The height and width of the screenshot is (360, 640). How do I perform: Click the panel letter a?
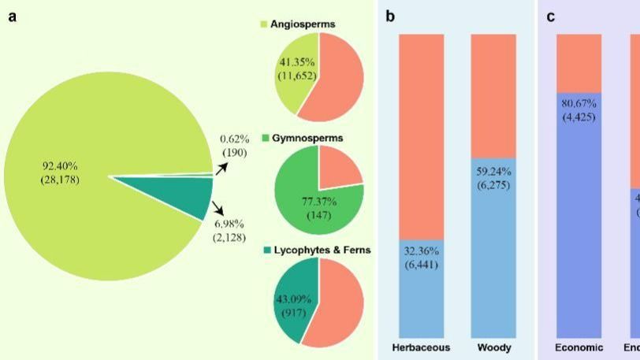[x=13, y=17]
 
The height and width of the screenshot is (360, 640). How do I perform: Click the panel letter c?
[x=551, y=17]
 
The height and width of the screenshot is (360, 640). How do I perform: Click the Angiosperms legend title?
[x=302, y=24]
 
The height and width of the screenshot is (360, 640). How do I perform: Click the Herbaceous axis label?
[x=421, y=347]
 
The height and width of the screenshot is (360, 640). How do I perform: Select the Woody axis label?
[x=494, y=347]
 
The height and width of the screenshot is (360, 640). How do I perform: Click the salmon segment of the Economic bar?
[x=579, y=63]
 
